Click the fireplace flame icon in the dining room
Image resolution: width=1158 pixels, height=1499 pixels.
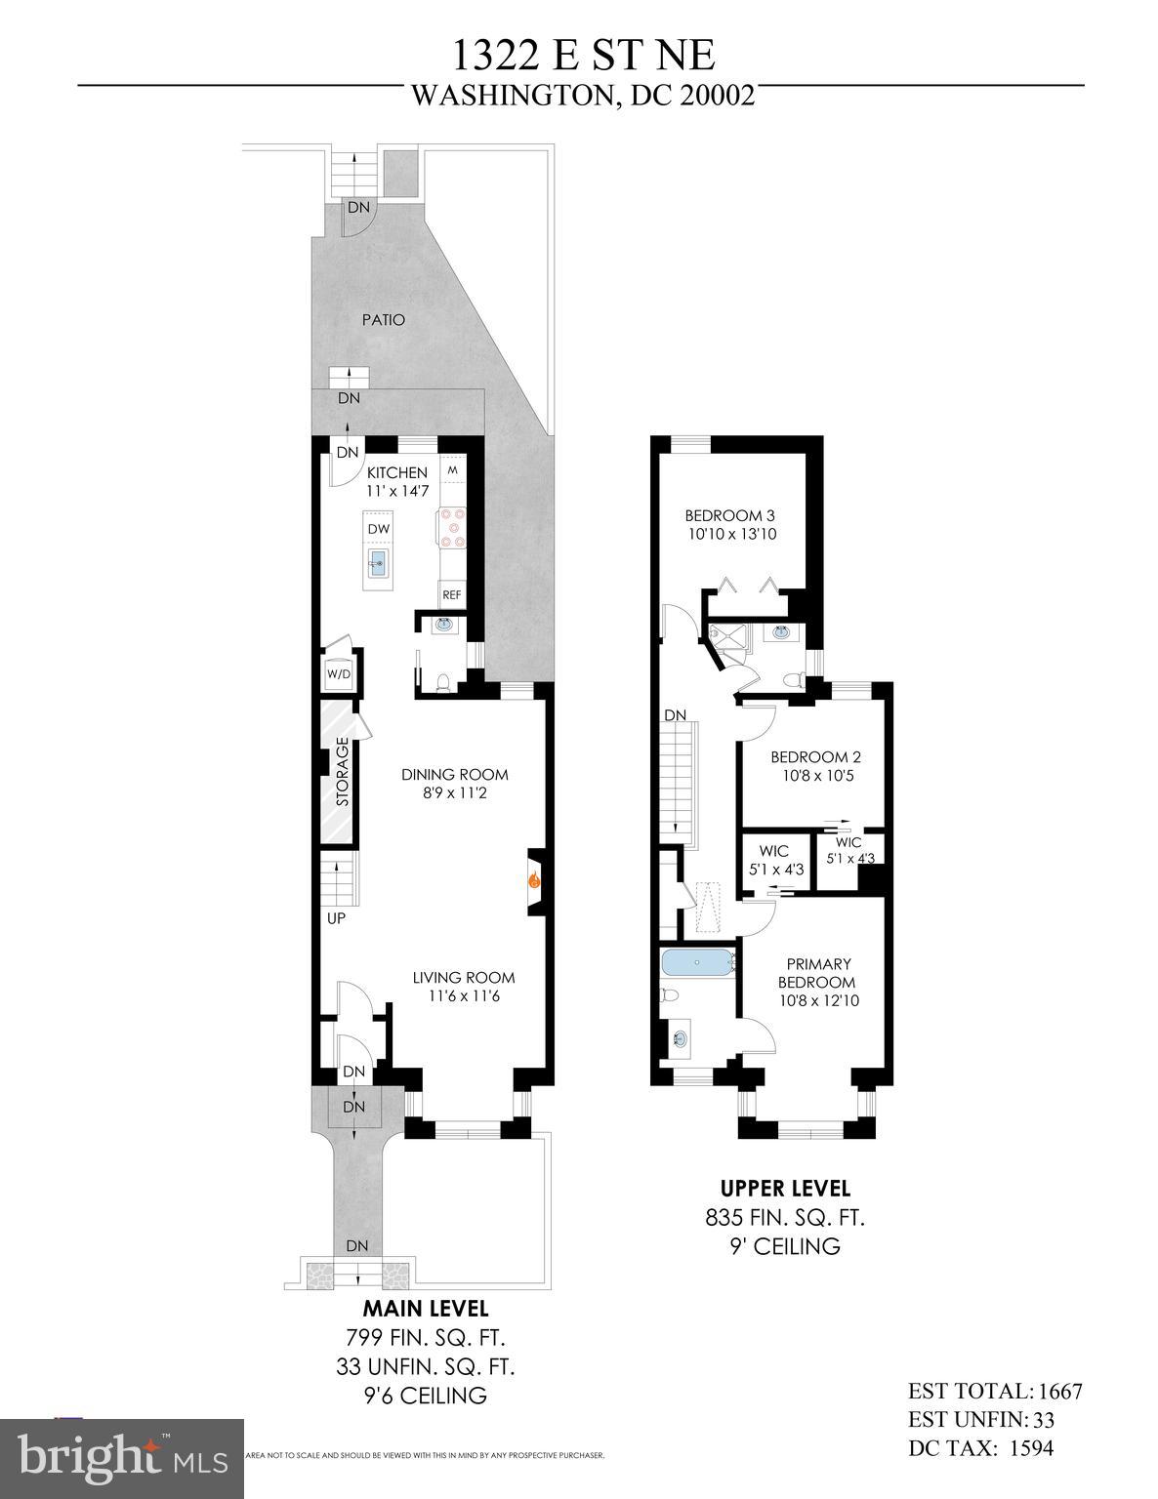tap(534, 879)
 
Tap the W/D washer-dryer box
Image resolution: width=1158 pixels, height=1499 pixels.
tap(338, 673)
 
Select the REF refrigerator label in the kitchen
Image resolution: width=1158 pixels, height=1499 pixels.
tap(451, 593)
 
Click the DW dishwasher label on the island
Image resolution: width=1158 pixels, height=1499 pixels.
tap(379, 529)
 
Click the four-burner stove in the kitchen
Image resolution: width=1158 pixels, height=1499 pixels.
tap(452, 526)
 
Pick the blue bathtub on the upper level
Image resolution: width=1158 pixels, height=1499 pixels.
tap(696, 963)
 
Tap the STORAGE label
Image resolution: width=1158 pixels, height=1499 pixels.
tap(342, 772)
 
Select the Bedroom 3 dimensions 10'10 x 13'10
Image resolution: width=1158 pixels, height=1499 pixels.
tap(730, 534)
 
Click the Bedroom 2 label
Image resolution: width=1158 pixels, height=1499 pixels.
tap(815, 756)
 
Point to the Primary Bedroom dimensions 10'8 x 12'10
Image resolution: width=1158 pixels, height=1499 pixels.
tap(819, 1000)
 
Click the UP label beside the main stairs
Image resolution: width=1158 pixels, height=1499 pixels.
tap(336, 917)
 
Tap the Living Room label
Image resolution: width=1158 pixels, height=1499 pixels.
tap(463, 977)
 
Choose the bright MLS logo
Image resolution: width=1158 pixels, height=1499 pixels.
tap(122, 1458)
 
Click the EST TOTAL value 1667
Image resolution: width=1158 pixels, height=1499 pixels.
tap(1059, 1392)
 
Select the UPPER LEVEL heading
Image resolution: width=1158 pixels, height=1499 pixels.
tap(785, 1189)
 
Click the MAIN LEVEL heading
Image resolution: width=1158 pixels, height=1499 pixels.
tap(426, 1308)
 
